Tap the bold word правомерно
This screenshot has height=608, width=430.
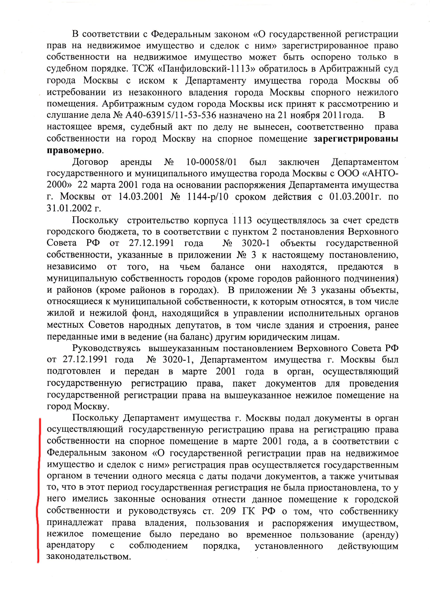(x=74, y=150)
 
